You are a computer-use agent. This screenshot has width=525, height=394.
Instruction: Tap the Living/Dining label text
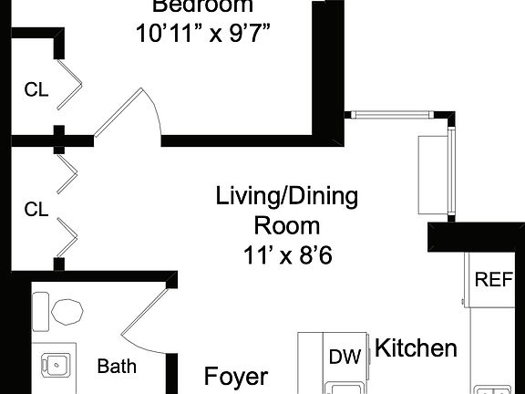286,196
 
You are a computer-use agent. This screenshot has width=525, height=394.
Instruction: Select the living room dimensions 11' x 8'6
286,255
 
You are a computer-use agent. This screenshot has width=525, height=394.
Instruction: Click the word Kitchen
416,347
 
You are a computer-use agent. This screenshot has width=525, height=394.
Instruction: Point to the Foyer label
235,376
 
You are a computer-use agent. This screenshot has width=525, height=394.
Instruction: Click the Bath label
117,367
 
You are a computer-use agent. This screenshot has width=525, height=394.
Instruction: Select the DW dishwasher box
345,357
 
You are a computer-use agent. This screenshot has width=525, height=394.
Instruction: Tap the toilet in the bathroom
67,312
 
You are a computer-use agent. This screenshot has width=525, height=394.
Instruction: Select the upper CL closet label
36,89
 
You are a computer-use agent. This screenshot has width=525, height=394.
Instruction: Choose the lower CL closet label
36,211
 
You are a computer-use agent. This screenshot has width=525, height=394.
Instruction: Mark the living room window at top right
392,114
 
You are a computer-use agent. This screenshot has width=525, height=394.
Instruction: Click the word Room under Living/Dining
286,225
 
